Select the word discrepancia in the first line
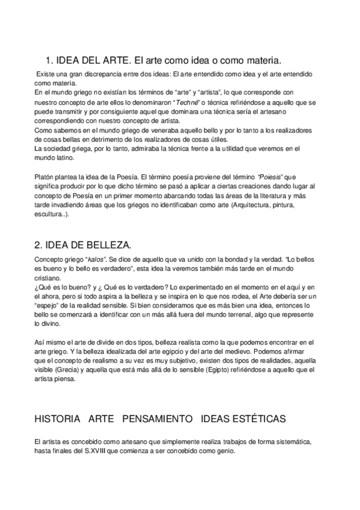point(94,74)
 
